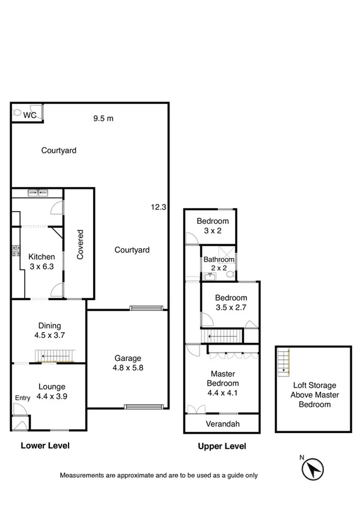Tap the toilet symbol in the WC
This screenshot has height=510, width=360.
(18, 112)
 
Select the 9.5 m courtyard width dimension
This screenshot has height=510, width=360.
(103, 118)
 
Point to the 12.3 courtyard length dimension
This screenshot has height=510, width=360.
(158, 207)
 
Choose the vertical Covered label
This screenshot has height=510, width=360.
(79, 244)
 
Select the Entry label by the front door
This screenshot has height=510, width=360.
(23, 398)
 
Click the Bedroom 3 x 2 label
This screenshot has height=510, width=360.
(213, 226)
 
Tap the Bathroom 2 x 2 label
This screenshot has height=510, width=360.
(217, 263)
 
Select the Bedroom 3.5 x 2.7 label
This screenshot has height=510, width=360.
(231, 303)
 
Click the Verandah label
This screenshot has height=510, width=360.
(222, 424)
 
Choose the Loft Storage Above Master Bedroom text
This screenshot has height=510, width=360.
(314, 395)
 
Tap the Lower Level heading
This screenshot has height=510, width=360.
(45, 446)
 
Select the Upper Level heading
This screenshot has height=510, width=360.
(222, 446)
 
